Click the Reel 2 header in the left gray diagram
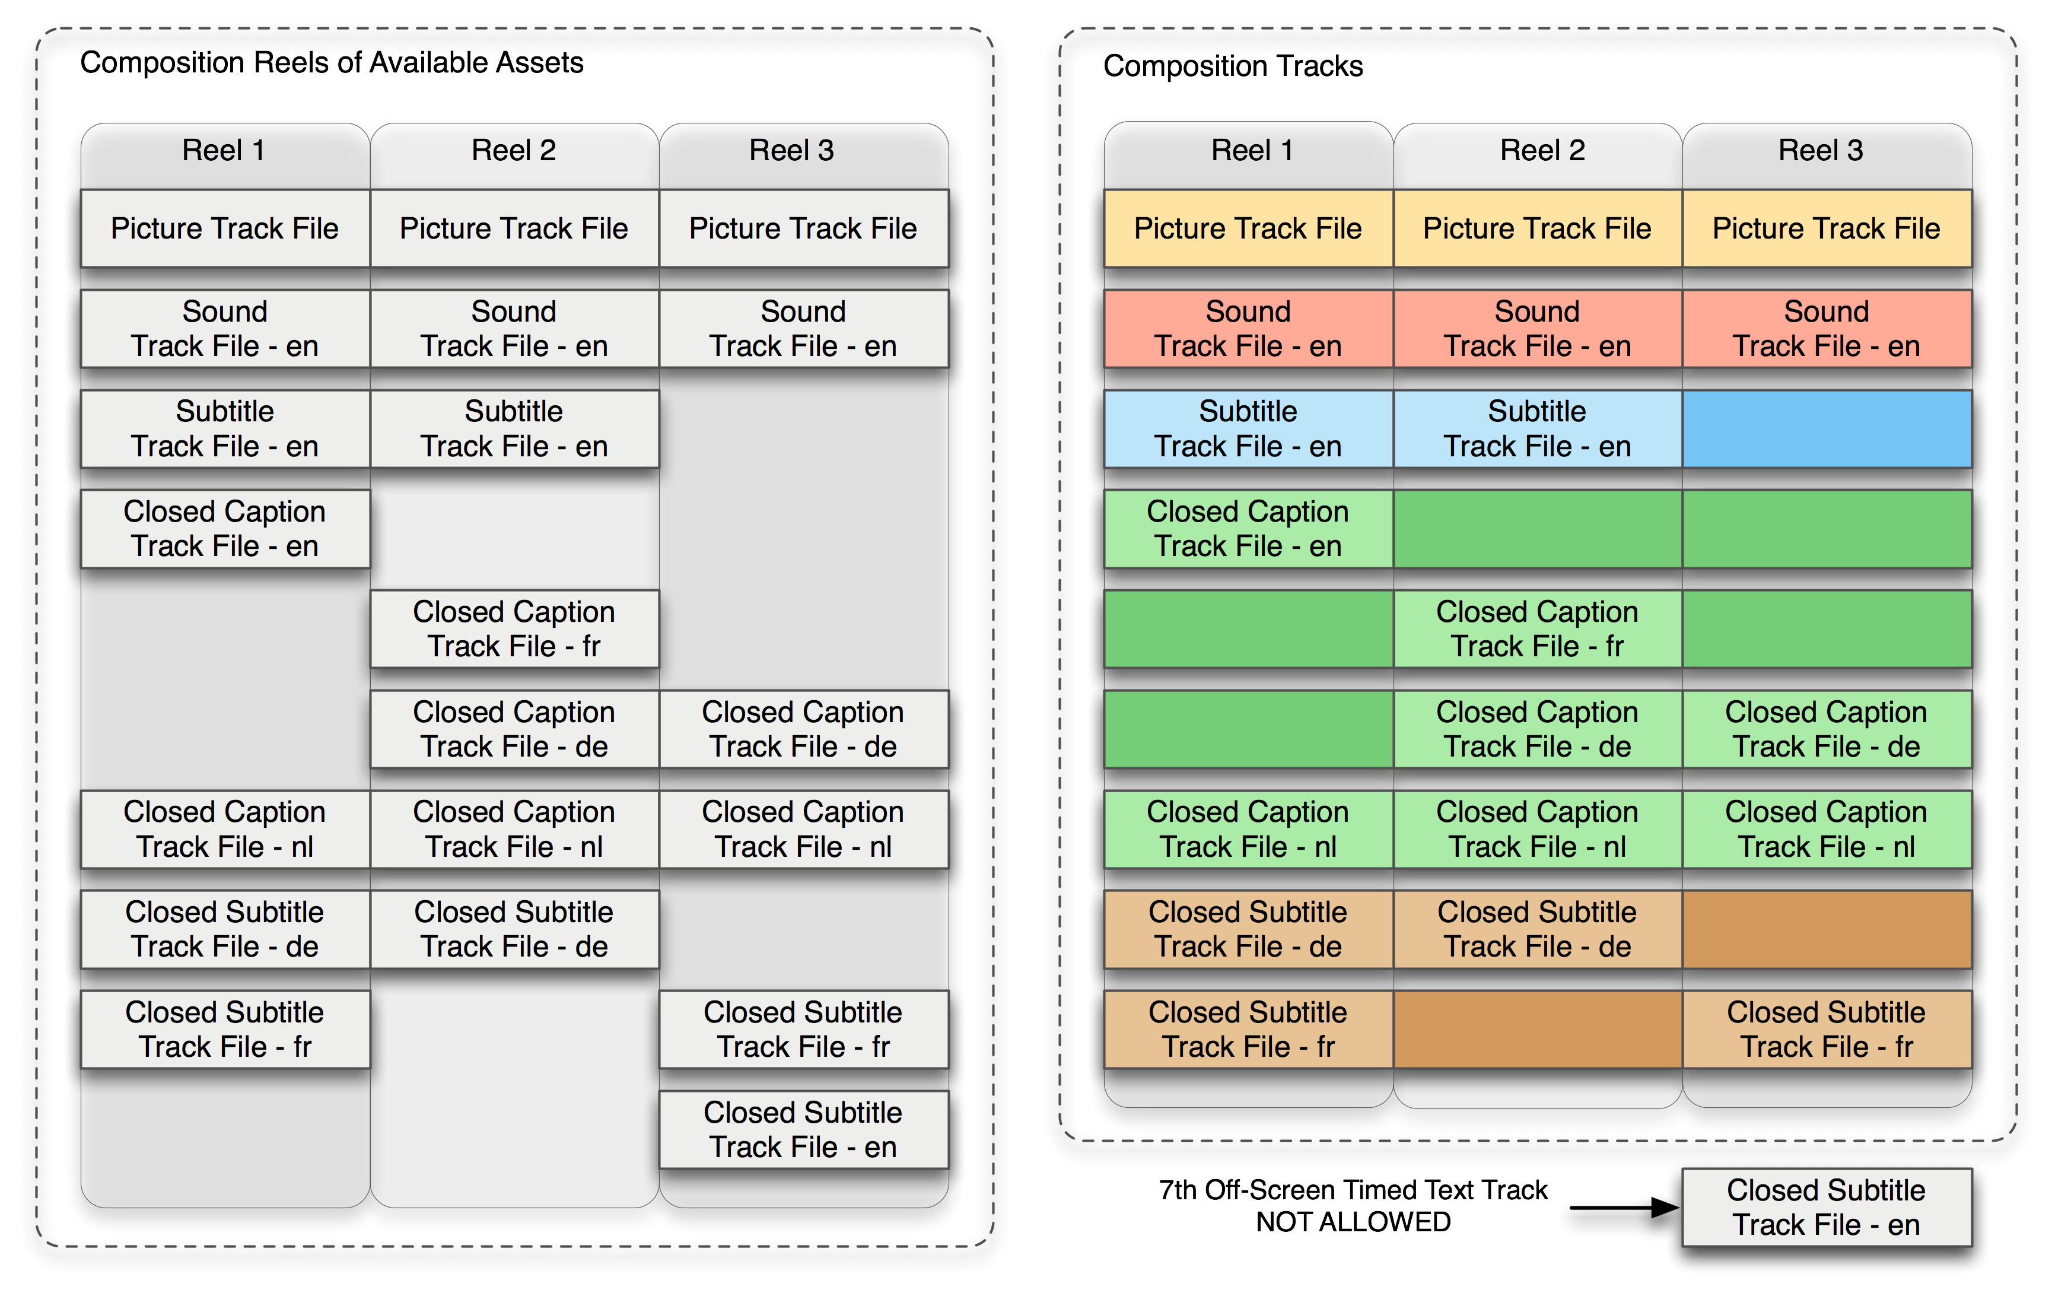(514, 151)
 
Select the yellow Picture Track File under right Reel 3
(1826, 228)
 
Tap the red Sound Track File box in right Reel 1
(1248, 329)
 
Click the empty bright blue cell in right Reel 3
(1826, 429)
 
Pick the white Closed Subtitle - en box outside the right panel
(1826, 1207)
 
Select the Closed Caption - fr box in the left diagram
(514, 629)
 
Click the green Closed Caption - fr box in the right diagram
(1537, 629)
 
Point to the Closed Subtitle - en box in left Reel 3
(803, 1129)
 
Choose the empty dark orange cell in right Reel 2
(1537, 1030)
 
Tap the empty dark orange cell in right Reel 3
(1826, 929)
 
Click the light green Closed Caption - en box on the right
(1248, 529)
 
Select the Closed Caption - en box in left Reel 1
(225, 529)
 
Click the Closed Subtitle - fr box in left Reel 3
(803, 1030)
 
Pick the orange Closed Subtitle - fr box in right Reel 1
(1248, 1030)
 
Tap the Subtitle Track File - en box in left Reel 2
(514, 429)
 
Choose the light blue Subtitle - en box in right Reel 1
(1248, 429)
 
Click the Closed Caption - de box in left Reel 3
(803, 729)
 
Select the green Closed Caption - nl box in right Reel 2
(1537, 830)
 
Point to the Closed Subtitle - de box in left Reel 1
(225, 929)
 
